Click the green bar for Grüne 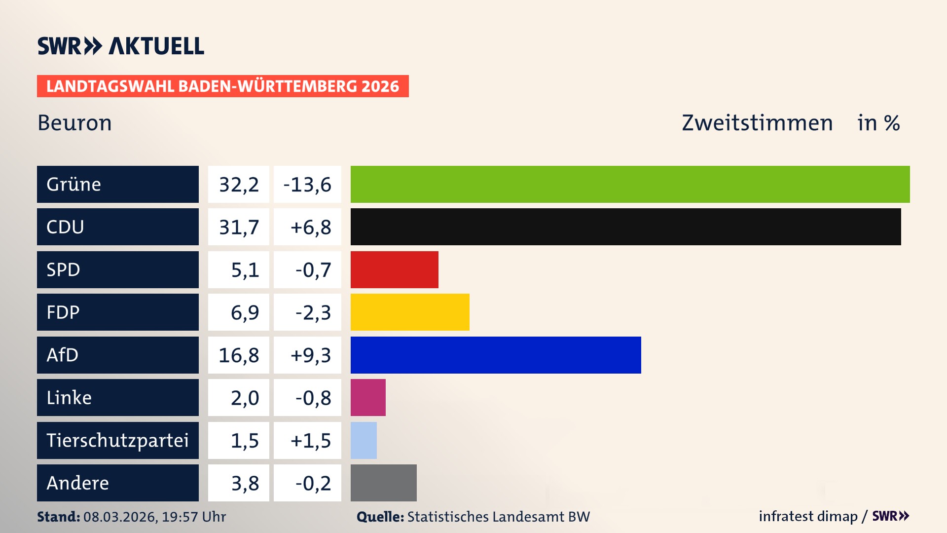click(x=630, y=184)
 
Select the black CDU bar click(x=625, y=227)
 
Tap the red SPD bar click(x=394, y=269)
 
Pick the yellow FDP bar click(x=410, y=312)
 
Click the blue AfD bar click(x=496, y=355)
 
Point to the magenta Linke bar click(x=368, y=398)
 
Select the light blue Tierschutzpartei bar click(x=364, y=440)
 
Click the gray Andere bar click(x=383, y=483)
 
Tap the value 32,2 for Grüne click(x=239, y=185)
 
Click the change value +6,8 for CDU click(x=310, y=227)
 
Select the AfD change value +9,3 click(x=310, y=355)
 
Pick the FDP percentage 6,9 click(x=245, y=312)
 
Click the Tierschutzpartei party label click(x=117, y=440)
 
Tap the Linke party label click(x=69, y=398)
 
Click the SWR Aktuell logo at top click(x=120, y=46)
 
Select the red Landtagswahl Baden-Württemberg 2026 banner click(x=222, y=86)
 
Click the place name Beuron click(x=74, y=123)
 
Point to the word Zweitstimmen click(x=757, y=123)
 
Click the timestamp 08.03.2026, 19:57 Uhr click(x=154, y=517)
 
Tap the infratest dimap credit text click(x=807, y=516)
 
